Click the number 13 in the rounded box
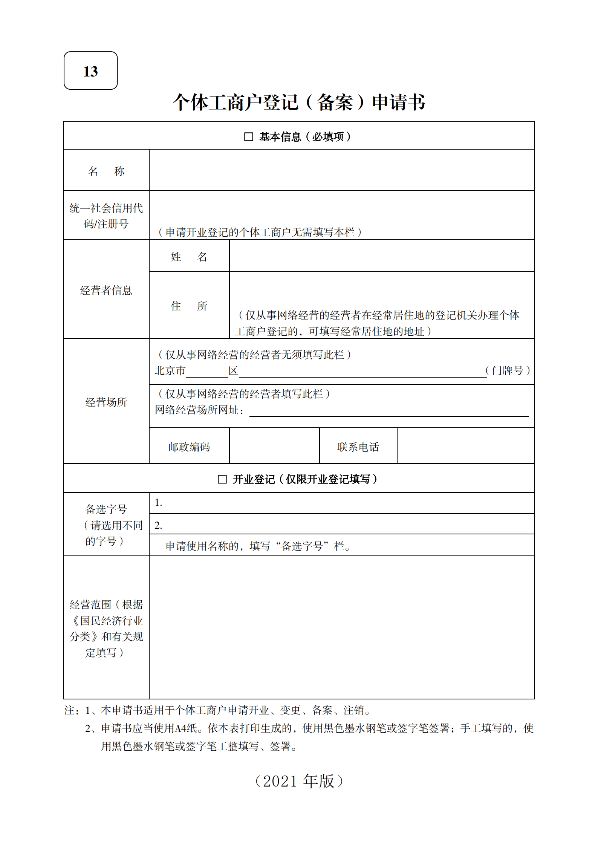point(90,71)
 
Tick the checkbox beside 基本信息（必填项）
point(248,136)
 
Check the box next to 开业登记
point(222,479)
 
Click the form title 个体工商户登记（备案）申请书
point(298,102)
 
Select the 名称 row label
point(106,171)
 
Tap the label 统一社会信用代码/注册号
point(106,216)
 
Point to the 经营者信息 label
point(106,290)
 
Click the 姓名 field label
point(189,257)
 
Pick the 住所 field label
point(189,306)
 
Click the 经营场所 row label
point(106,402)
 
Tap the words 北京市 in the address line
point(170,371)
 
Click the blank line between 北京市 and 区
point(207,373)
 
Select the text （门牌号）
point(508,370)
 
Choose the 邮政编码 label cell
point(189,447)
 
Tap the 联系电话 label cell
point(358,447)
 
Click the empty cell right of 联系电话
point(465,446)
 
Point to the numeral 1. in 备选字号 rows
point(158,503)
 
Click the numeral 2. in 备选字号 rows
point(158,525)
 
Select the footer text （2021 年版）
point(299,781)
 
